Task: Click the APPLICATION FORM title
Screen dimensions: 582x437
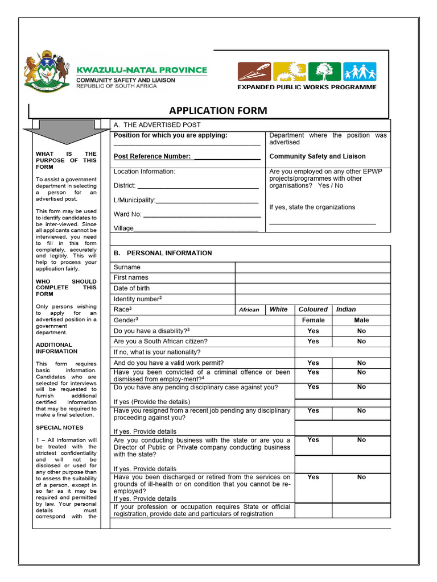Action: (218, 110)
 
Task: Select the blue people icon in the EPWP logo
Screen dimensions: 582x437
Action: (360, 72)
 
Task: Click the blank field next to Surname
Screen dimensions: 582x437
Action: (312, 267)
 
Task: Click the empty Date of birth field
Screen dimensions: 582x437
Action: (312, 288)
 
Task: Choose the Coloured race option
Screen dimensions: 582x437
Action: (313, 309)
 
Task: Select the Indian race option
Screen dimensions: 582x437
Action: (346, 309)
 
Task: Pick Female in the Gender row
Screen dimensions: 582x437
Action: (313, 320)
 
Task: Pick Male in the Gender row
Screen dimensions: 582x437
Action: (361, 320)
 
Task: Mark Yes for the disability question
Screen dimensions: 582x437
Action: (313, 331)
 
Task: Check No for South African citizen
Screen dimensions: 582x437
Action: (361, 342)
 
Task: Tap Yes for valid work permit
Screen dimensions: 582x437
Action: (313, 363)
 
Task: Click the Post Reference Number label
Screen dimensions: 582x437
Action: (152, 156)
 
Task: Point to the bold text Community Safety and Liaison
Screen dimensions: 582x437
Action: (317, 156)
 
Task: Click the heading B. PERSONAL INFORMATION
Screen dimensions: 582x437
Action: (163, 253)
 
